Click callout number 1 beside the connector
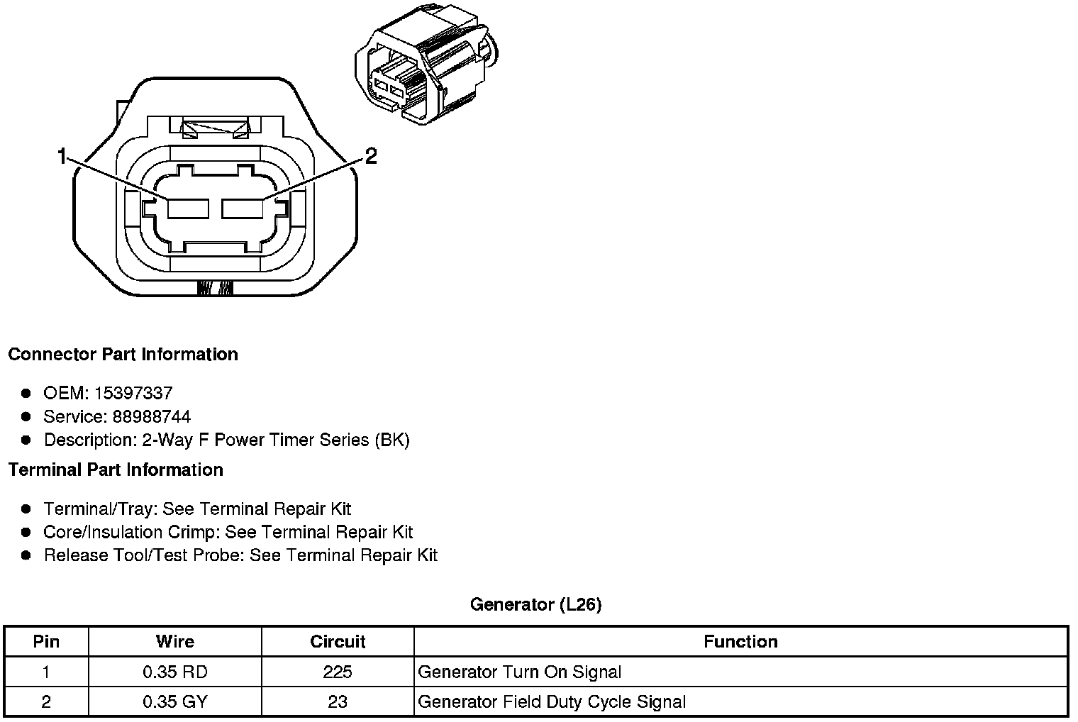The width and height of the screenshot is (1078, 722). coord(62,156)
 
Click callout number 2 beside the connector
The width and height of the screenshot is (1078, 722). coord(370,156)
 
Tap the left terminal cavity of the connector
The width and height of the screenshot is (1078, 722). coord(188,209)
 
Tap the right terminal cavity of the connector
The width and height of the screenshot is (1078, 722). coord(243,209)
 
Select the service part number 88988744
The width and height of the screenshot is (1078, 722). coord(151,416)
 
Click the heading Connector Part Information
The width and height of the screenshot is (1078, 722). coord(123,355)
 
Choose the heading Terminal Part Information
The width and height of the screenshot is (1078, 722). coord(116,470)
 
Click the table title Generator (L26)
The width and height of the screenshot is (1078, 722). coord(535,605)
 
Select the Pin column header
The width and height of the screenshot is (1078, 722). coord(46,642)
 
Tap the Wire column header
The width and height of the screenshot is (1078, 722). coord(175,642)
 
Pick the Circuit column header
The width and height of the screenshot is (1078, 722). coord(338,642)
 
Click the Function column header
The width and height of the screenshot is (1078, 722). coord(740,642)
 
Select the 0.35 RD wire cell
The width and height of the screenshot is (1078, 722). coord(175,672)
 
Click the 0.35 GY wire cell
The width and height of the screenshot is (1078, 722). coord(175,702)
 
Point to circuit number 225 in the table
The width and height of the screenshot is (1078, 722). coord(338,672)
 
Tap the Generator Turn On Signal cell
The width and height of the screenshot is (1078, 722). coord(519,672)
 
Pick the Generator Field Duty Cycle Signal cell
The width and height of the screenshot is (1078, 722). coord(552,702)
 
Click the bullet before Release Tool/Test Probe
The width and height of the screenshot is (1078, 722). coord(26,555)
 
